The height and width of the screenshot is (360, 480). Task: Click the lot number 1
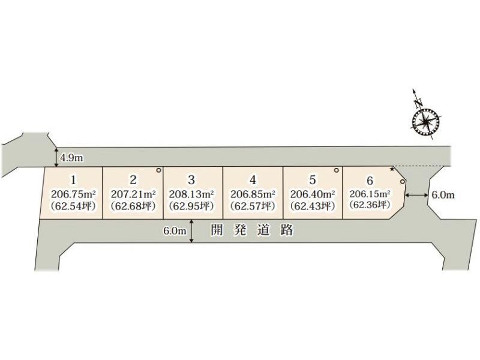(73, 180)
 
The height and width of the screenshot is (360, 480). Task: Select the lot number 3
(191, 179)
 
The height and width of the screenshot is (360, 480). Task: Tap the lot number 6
(370, 181)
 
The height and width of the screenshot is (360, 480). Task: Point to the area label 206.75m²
(73, 194)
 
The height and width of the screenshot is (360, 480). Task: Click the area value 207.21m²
(133, 194)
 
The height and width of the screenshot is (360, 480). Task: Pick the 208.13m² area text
(191, 194)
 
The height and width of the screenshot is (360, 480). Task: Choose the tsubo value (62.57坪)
(253, 206)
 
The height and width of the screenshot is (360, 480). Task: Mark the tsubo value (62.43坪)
(312, 206)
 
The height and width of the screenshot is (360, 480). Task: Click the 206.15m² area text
(370, 194)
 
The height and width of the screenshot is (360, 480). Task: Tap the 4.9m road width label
(71, 158)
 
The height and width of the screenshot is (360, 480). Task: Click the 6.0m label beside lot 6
(443, 195)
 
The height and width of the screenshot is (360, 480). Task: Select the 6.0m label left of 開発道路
(175, 231)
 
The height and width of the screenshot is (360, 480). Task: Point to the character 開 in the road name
(217, 230)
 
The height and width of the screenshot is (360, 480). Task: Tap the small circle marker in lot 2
(158, 170)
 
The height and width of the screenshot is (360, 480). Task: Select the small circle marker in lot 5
(337, 170)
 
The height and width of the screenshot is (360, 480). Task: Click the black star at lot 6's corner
(392, 169)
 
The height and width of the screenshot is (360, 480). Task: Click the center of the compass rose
(426, 122)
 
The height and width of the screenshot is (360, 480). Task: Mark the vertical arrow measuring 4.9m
(56, 158)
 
